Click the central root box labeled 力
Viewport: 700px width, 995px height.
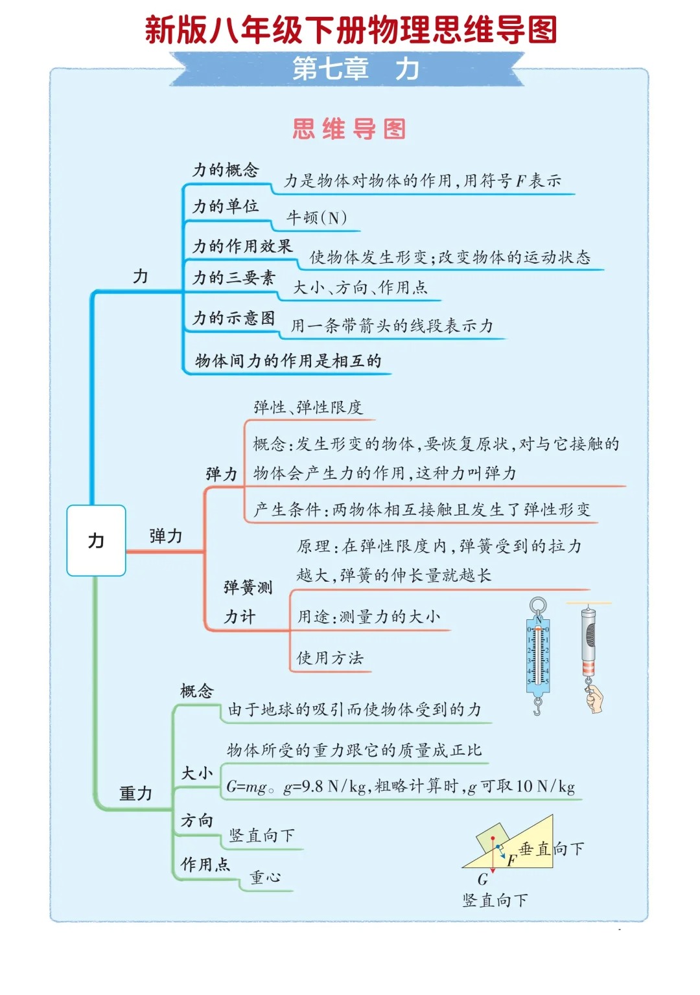pyautogui.click(x=96, y=540)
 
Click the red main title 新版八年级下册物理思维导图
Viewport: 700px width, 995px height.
pyautogui.click(x=350, y=30)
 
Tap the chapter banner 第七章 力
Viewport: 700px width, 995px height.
pyautogui.click(x=355, y=69)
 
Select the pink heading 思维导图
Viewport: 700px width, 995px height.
pyautogui.click(x=349, y=129)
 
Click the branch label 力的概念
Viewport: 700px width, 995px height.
pyautogui.click(x=226, y=170)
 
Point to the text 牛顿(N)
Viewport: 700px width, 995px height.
pyautogui.click(x=317, y=218)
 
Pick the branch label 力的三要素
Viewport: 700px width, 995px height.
pyautogui.click(x=234, y=278)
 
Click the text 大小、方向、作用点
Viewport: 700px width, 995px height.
pyautogui.click(x=360, y=288)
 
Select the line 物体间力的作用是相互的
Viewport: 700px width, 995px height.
pyautogui.click(x=288, y=361)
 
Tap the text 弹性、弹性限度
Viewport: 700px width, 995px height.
pyautogui.click(x=308, y=407)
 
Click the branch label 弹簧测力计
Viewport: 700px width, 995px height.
pyautogui.click(x=248, y=602)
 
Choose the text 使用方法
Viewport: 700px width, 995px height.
pyautogui.click(x=330, y=658)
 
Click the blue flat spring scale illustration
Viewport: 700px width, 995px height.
pyautogui.click(x=537, y=654)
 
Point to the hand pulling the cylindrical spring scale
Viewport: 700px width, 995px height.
pyautogui.click(x=594, y=699)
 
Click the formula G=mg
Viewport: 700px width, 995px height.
pyautogui.click(x=246, y=787)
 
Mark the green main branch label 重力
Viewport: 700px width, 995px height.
pyautogui.click(x=135, y=793)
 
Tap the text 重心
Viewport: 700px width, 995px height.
pyautogui.click(x=266, y=877)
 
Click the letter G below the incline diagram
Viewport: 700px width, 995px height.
pyautogui.click(x=482, y=879)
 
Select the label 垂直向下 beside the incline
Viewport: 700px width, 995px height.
pyautogui.click(x=552, y=849)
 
